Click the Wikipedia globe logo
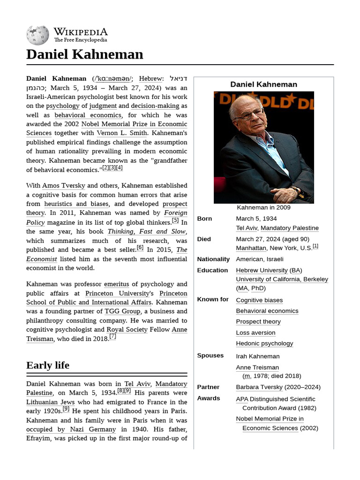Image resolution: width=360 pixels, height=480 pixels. [x=37, y=35]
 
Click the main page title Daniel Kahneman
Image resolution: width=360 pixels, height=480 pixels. [x=84, y=54]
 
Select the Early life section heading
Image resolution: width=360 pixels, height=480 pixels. [x=48, y=365]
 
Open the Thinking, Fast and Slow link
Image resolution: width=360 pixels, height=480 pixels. [x=146, y=232]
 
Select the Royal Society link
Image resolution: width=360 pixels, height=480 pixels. [x=127, y=330]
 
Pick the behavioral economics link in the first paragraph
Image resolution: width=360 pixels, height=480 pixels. [x=88, y=115]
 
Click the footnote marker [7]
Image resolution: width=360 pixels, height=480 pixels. [x=112, y=337]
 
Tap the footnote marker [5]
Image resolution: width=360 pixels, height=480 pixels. [x=175, y=220]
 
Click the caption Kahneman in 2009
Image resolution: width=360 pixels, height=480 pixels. [x=263, y=207]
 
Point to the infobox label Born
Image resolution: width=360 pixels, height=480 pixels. [x=204, y=218]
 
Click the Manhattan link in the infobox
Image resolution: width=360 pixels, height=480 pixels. [x=251, y=248]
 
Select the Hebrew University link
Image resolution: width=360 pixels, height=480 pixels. [x=262, y=270]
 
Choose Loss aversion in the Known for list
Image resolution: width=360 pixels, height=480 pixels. [x=255, y=333]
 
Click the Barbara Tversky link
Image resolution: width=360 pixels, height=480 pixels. [x=259, y=387]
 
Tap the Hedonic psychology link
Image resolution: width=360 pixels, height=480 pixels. [x=264, y=344]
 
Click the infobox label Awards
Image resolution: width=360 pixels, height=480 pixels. [x=208, y=398]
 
